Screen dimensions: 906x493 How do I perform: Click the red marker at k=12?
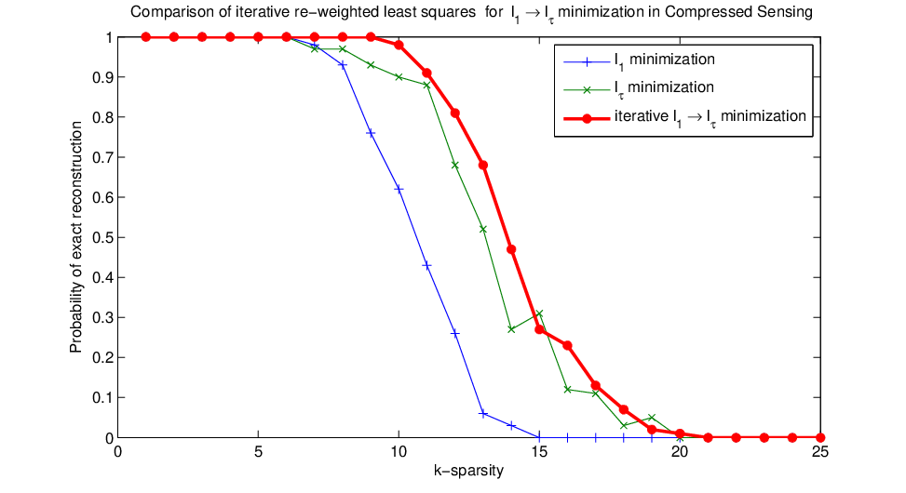pyautogui.click(x=454, y=113)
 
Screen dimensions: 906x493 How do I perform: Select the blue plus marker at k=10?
pyautogui.click(x=399, y=190)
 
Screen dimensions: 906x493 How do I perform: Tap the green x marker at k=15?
pyautogui.click(x=539, y=313)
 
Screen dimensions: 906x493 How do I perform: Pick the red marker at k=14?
pyautogui.click(x=511, y=249)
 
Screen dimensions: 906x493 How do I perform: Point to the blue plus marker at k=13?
pyautogui.click(x=483, y=414)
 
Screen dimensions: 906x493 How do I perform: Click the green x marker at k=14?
pyautogui.click(x=511, y=329)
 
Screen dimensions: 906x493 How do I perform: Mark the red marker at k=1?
pyautogui.click(x=145, y=37)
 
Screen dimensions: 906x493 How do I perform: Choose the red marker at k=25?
pyautogui.click(x=820, y=437)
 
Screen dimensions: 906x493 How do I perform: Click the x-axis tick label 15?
pyautogui.click(x=539, y=451)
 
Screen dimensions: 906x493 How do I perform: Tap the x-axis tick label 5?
pyautogui.click(x=258, y=451)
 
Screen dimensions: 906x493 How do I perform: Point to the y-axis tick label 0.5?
pyautogui.click(x=102, y=237)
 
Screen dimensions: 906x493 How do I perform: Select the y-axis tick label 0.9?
pyautogui.click(x=102, y=77)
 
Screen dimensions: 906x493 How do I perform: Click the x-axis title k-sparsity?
pyautogui.click(x=468, y=471)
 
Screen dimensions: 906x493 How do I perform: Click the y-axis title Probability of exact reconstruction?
pyautogui.click(x=76, y=237)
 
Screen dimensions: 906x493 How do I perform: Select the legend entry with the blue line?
pyautogui.click(x=640, y=60)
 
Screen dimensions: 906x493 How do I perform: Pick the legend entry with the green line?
pyautogui.click(x=639, y=88)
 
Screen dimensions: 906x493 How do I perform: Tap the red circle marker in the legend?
pyautogui.click(x=587, y=118)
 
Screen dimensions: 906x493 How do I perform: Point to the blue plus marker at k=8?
pyautogui.click(x=343, y=65)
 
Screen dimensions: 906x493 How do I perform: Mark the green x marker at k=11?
pyautogui.click(x=427, y=85)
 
